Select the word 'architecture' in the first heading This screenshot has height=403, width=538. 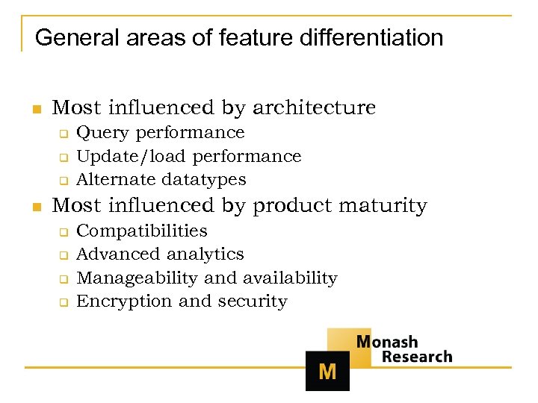[314, 108]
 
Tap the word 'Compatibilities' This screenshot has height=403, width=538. [142, 231]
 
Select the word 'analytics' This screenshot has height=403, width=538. [205, 254]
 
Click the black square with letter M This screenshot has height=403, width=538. [327, 371]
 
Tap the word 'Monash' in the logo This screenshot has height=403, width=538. [387, 342]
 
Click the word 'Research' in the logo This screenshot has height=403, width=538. [417, 357]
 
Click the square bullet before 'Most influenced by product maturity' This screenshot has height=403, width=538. [35, 207]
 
